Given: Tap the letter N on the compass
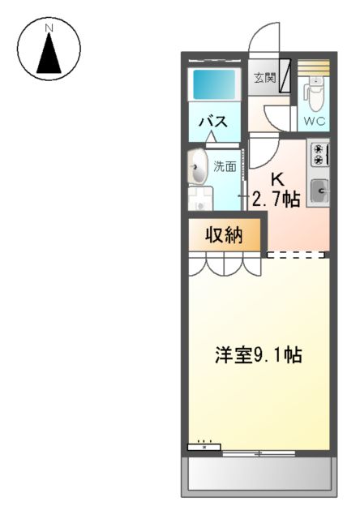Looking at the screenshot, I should [x=49, y=28].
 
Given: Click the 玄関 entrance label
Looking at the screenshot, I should [x=263, y=79].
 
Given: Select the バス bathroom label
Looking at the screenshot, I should [x=212, y=122].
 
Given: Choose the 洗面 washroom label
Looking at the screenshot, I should [x=225, y=167].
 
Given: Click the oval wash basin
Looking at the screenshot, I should [x=197, y=169].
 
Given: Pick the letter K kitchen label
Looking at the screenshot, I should [x=276, y=179].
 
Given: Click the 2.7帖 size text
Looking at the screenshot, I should [x=276, y=199].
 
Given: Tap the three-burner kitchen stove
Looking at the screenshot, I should [x=319, y=155].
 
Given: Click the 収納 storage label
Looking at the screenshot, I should [x=224, y=236].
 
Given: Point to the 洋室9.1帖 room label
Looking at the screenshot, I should [x=259, y=354].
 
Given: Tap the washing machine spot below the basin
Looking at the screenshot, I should [x=199, y=199].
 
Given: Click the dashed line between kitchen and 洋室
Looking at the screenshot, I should [x=297, y=255].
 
